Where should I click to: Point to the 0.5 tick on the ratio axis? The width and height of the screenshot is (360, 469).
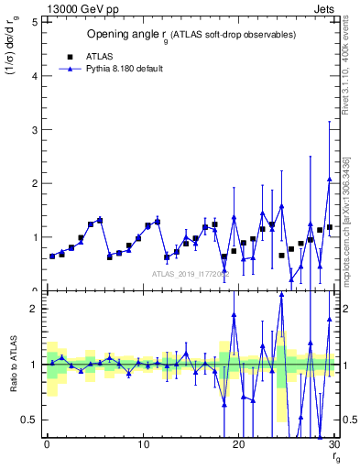click(x=30, y=420)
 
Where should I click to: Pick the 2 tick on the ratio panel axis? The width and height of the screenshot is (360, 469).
click(x=34, y=309)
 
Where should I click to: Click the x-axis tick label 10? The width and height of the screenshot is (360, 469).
click(x=143, y=444)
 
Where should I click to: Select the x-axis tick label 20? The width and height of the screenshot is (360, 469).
click(x=238, y=444)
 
